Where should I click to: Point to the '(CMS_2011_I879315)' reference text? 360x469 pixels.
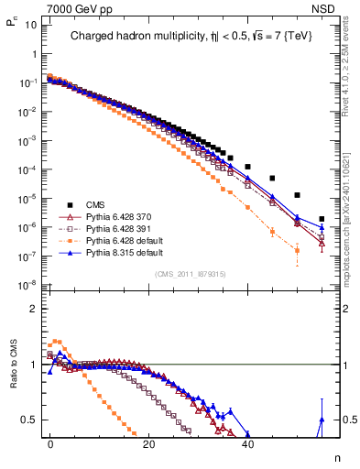point(190,274)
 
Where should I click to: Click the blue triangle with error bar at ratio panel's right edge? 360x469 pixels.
point(322,420)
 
